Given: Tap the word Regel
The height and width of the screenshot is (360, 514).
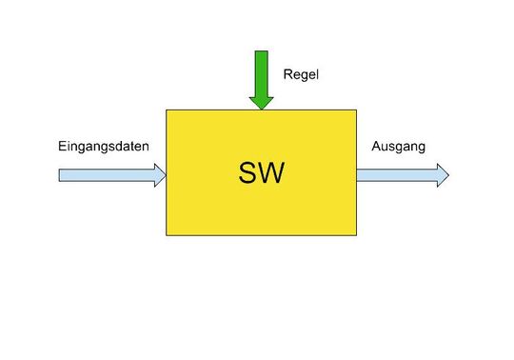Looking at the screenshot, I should tap(301, 73).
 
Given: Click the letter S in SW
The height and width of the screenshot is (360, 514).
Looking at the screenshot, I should tap(248, 172).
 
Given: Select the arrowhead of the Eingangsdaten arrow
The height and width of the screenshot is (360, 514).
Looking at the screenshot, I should tap(158, 174).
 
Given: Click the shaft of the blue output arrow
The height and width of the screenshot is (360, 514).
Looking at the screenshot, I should tap(396, 174).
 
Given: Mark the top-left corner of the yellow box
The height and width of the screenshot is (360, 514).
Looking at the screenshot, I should tap(168, 110).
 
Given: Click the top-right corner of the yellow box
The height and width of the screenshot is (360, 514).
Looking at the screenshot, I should tap(356, 110).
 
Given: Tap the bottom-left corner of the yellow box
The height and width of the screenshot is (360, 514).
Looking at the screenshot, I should tap(168, 234).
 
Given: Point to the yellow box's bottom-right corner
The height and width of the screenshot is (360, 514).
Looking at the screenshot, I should tap(356, 234).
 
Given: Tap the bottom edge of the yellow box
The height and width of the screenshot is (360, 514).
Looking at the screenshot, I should tap(262, 234).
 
